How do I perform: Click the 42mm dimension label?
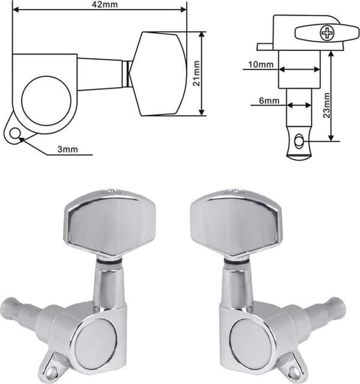click(104, 4)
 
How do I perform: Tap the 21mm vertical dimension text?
click(196, 73)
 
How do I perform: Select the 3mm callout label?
click(68, 149)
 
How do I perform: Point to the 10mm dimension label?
click(261, 64)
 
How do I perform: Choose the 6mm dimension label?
click(269, 101)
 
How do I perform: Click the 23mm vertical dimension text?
click(326, 106)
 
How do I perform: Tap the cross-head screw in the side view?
click(326, 34)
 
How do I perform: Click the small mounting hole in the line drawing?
click(15, 134)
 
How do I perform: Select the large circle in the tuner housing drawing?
click(46, 101)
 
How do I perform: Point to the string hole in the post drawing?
click(299, 142)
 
